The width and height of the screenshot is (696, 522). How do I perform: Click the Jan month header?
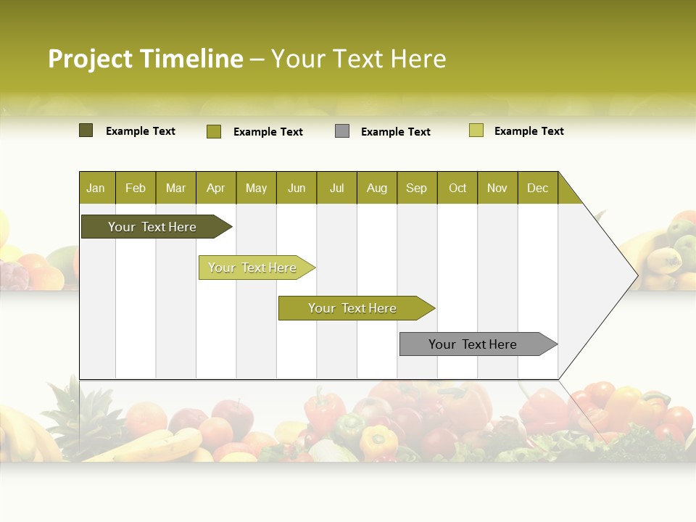coord(96,188)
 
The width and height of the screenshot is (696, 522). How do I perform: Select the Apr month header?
coord(216,188)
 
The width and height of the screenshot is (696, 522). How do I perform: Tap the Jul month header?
coord(337,188)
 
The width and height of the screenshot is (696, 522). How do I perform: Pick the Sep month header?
coord(417,188)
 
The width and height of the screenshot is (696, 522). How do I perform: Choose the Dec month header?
coord(538,188)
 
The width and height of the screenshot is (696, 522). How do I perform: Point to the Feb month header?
coord(136,188)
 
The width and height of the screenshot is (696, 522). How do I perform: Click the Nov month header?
coord(497,188)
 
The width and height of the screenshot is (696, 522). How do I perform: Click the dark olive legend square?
coord(86,130)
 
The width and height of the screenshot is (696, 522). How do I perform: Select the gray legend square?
coord(342,131)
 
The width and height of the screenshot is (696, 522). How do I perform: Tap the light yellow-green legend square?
coord(476,130)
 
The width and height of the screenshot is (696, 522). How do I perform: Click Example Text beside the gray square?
coord(395,132)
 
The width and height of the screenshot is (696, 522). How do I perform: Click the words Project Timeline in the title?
coord(145,59)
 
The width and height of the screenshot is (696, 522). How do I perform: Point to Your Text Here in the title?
coord(358,59)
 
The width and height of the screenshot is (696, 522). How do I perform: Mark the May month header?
coord(256,188)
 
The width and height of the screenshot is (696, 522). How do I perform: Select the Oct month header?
coord(457,188)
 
